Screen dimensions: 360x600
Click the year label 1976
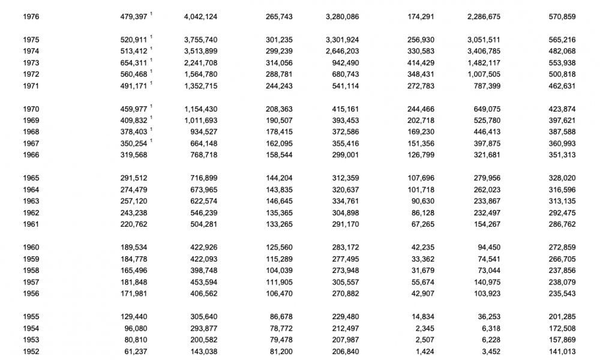(31, 17)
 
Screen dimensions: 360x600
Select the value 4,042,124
(200, 17)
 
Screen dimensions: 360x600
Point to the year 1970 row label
(31, 109)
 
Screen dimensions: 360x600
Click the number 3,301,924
(342, 40)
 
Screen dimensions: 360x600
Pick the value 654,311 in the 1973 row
(134, 63)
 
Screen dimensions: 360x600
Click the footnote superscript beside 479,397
(152, 14)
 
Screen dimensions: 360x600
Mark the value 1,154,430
(200, 109)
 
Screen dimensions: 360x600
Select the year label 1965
(31, 178)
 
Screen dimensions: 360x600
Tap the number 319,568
(134, 155)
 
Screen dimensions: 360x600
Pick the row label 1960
(31, 247)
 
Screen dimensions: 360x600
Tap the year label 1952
(31, 352)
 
